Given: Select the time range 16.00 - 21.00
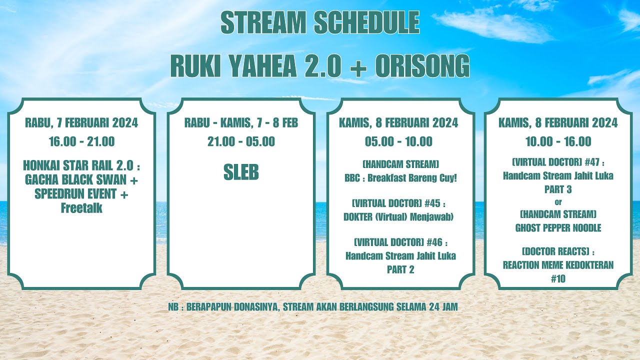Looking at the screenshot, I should tap(81, 141).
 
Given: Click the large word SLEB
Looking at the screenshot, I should tap(241, 172).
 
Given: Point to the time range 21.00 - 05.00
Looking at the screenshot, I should tap(241, 141).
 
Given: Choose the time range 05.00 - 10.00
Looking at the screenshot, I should tap(398, 141).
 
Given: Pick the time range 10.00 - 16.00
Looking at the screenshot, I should tap(558, 141).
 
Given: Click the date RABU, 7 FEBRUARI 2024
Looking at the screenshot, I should tap(81, 123).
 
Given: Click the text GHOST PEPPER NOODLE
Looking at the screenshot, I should tap(558, 228).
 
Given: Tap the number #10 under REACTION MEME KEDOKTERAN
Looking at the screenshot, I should tap(558, 279).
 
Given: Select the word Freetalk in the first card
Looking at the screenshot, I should tap(81, 208).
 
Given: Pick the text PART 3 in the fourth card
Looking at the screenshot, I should tap(558, 189).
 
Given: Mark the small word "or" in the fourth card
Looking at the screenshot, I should tap(558, 202).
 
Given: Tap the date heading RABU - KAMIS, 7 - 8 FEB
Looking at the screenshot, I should tap(241, 123).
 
